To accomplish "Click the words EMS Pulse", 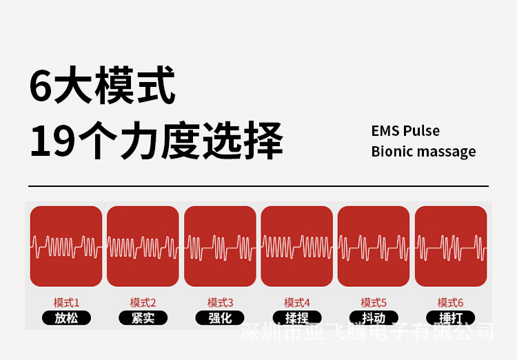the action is [x=405, y=131].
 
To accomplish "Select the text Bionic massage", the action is [x=423, y=152].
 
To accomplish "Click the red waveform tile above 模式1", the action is [x=66, y=246].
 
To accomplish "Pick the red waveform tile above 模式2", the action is [x=143, y=246].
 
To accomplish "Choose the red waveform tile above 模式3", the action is [x=220, y=246].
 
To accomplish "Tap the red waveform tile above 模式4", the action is [x=297, y=246].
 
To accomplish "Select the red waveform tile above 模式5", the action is [x=374, y=246].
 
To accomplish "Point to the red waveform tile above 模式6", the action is [x=451, y=246].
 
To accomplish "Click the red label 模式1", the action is [x=66, y=303].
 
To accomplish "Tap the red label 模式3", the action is [x=220, y=303].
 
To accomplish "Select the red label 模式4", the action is [x=297, y=303].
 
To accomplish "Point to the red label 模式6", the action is [x=451, y=303].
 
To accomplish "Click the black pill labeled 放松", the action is [x=66, y=319].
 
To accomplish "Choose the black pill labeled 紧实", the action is [x=143, y=319].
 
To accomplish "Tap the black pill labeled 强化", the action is [x=220, y=319].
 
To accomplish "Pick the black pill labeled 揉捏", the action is [x=297, y=319].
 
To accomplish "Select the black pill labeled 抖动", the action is [x=374, y=319].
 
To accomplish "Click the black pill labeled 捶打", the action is [x=451, y=319].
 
